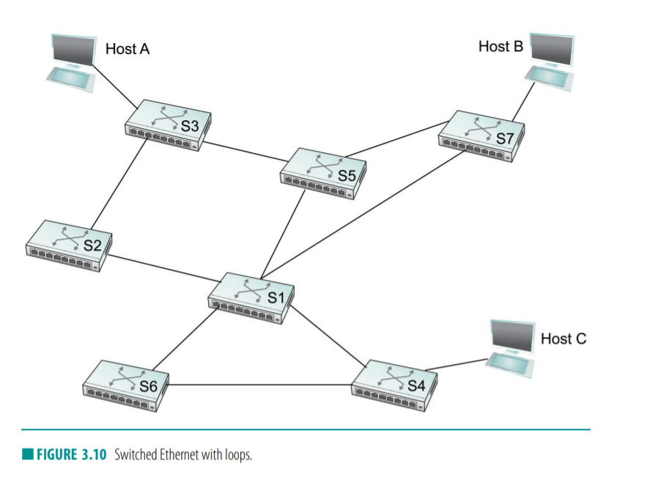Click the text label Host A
(x=128, y=49)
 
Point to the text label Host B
(x=500, y=46)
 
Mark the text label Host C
(x=563, y=339)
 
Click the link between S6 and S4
(x=260, y=385)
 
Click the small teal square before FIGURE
(x=27, y=455)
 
